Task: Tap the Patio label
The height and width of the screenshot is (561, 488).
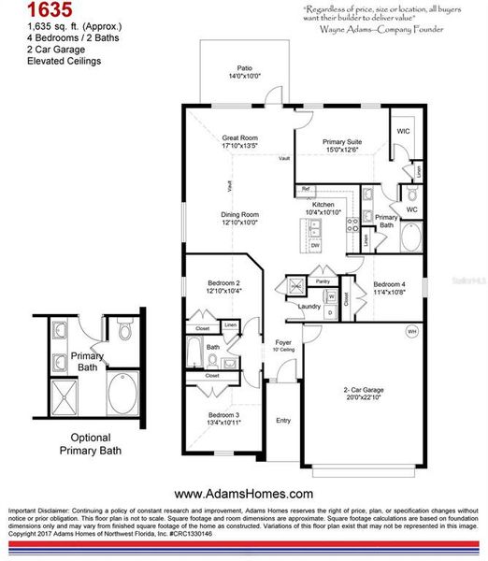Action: [x=244, y=68]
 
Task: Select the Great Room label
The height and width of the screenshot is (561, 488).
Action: [x=239, y=137]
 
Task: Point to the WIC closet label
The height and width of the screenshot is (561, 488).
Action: [x=403, y=132]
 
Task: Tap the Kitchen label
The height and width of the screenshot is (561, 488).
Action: [x=323, y=205]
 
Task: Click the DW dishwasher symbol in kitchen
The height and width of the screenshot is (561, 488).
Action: [x=315, y=245]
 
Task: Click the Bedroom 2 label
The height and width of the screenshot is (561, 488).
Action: [x=223, y=282]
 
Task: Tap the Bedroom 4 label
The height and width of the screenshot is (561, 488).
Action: [x=390, y=284]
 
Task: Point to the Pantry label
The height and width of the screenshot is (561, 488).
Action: [x=323, y=280]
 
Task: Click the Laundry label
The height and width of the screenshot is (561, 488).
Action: [x=309, y=306]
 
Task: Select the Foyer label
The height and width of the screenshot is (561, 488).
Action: [x=283, y=343]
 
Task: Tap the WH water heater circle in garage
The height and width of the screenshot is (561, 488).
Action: [x=411, y=331]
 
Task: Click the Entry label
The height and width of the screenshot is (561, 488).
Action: [x=283, y=421]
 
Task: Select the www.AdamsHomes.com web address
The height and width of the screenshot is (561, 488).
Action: [x=243, y=493]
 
